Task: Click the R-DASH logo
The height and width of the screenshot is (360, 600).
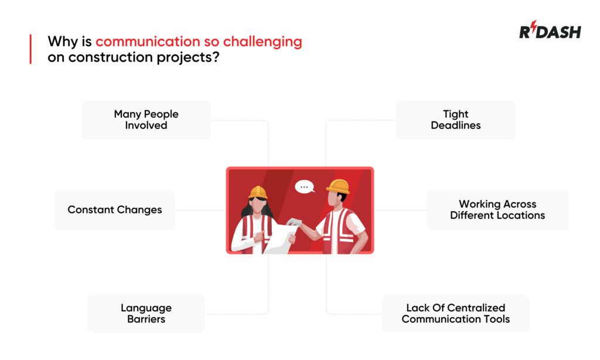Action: (x=550, y=32)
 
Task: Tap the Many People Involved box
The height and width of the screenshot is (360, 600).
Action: (x=146, y=120)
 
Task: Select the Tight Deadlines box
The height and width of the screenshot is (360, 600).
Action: (x=455, y=120)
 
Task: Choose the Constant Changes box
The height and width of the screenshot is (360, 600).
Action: (x=115, y=210)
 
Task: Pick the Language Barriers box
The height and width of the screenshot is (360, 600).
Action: (x=146, y=314)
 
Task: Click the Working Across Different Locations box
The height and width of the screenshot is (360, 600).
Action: (x=497, y=210)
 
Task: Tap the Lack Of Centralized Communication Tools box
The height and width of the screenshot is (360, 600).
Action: (x=455, y=314)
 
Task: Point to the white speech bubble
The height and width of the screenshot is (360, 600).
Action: (x=304, y=187)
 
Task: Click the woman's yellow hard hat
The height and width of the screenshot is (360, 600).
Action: (x=258, y=192)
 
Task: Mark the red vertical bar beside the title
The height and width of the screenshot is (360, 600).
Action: (x=30, y=49)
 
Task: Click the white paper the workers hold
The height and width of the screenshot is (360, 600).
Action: (x=279, y=237)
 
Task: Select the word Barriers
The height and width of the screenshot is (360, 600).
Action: (x=146, y=320)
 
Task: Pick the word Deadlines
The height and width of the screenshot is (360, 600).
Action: (x=455, y=125)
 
